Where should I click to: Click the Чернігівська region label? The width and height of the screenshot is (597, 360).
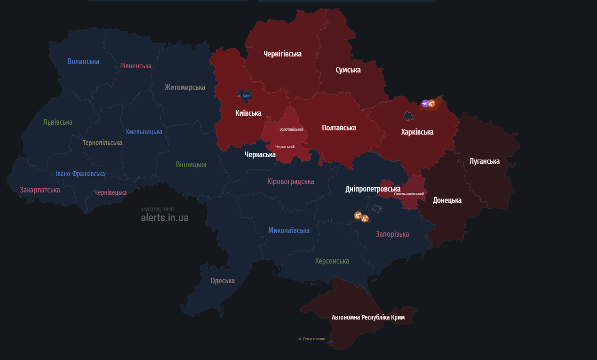click(x=282, y=54)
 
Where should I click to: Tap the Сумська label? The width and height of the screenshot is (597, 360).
click(x=348, y=70)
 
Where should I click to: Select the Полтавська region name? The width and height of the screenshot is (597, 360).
click(x=339, y=128)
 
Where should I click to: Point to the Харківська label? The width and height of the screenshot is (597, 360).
click(x=417, y=132)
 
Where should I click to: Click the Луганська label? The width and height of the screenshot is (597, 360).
click(x=485, y=161)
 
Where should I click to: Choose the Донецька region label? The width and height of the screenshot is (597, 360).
click(x=447, y=200)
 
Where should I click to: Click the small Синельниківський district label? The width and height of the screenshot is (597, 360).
click(x=409, y=194)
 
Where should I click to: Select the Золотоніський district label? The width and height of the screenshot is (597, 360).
click(x=291, y=129)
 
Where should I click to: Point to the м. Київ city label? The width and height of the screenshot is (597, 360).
click(x=244, y=96)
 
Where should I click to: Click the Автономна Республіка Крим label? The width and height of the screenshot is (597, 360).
click(x=368, y=318)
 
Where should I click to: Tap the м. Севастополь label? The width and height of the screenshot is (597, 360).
click(x=311, y=339)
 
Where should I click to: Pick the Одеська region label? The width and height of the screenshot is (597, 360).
click(x=223, y=281)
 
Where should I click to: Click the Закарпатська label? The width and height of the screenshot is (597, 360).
click(x=40, y=190)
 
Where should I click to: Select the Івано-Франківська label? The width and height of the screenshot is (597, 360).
click(x=80, y=174)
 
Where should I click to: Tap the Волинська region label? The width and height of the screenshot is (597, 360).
click(x=83, y=62)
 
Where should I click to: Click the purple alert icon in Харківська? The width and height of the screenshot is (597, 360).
click(x=425, y=104)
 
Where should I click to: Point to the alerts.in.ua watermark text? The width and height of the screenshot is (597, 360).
click(x=165, y=218)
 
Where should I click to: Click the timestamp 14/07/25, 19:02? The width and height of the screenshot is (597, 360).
click(x=158, y=209)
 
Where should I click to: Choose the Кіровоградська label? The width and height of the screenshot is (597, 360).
click(x=290, y=182)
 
